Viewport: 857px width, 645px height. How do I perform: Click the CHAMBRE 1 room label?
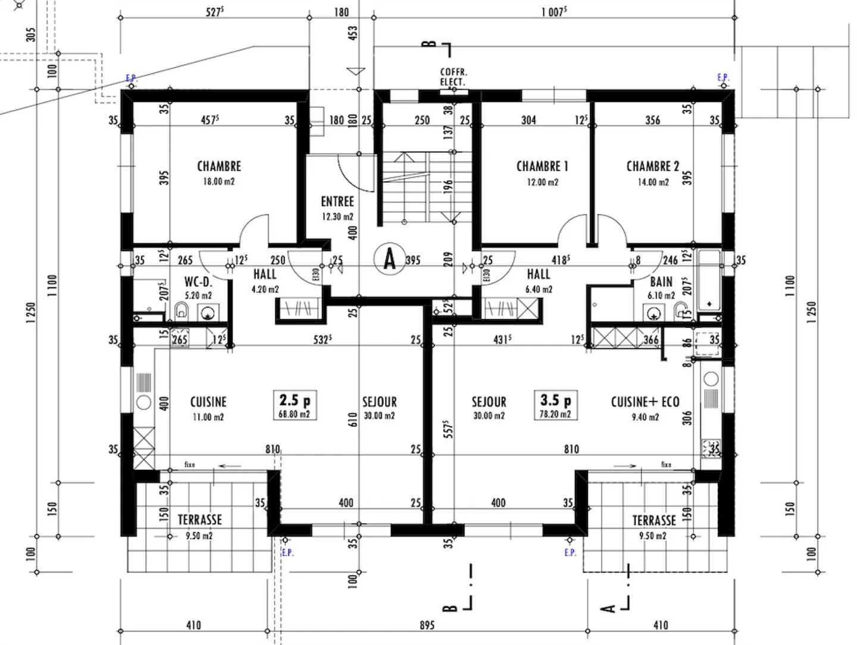coord(542,166)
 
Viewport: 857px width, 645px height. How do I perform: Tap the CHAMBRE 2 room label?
coord(652,166)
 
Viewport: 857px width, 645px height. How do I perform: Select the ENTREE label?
coord(337,202)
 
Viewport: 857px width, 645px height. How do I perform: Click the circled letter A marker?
coord(390,259)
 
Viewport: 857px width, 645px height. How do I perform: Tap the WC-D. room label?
coord(198,282)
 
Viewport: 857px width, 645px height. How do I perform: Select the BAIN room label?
coord(661,282)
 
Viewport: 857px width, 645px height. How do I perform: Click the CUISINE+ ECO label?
coord(645,402)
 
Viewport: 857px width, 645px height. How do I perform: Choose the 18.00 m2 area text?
coord(218,181)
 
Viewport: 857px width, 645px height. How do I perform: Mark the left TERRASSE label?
coord(199,520)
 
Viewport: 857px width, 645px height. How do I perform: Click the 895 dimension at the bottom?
coord(427,625)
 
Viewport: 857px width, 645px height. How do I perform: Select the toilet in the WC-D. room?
coord(182,310)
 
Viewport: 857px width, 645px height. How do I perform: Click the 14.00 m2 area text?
coord(653,183)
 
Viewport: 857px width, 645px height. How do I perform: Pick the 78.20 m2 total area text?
coord(555,414)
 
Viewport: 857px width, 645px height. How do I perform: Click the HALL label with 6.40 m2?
coord(538,275)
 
